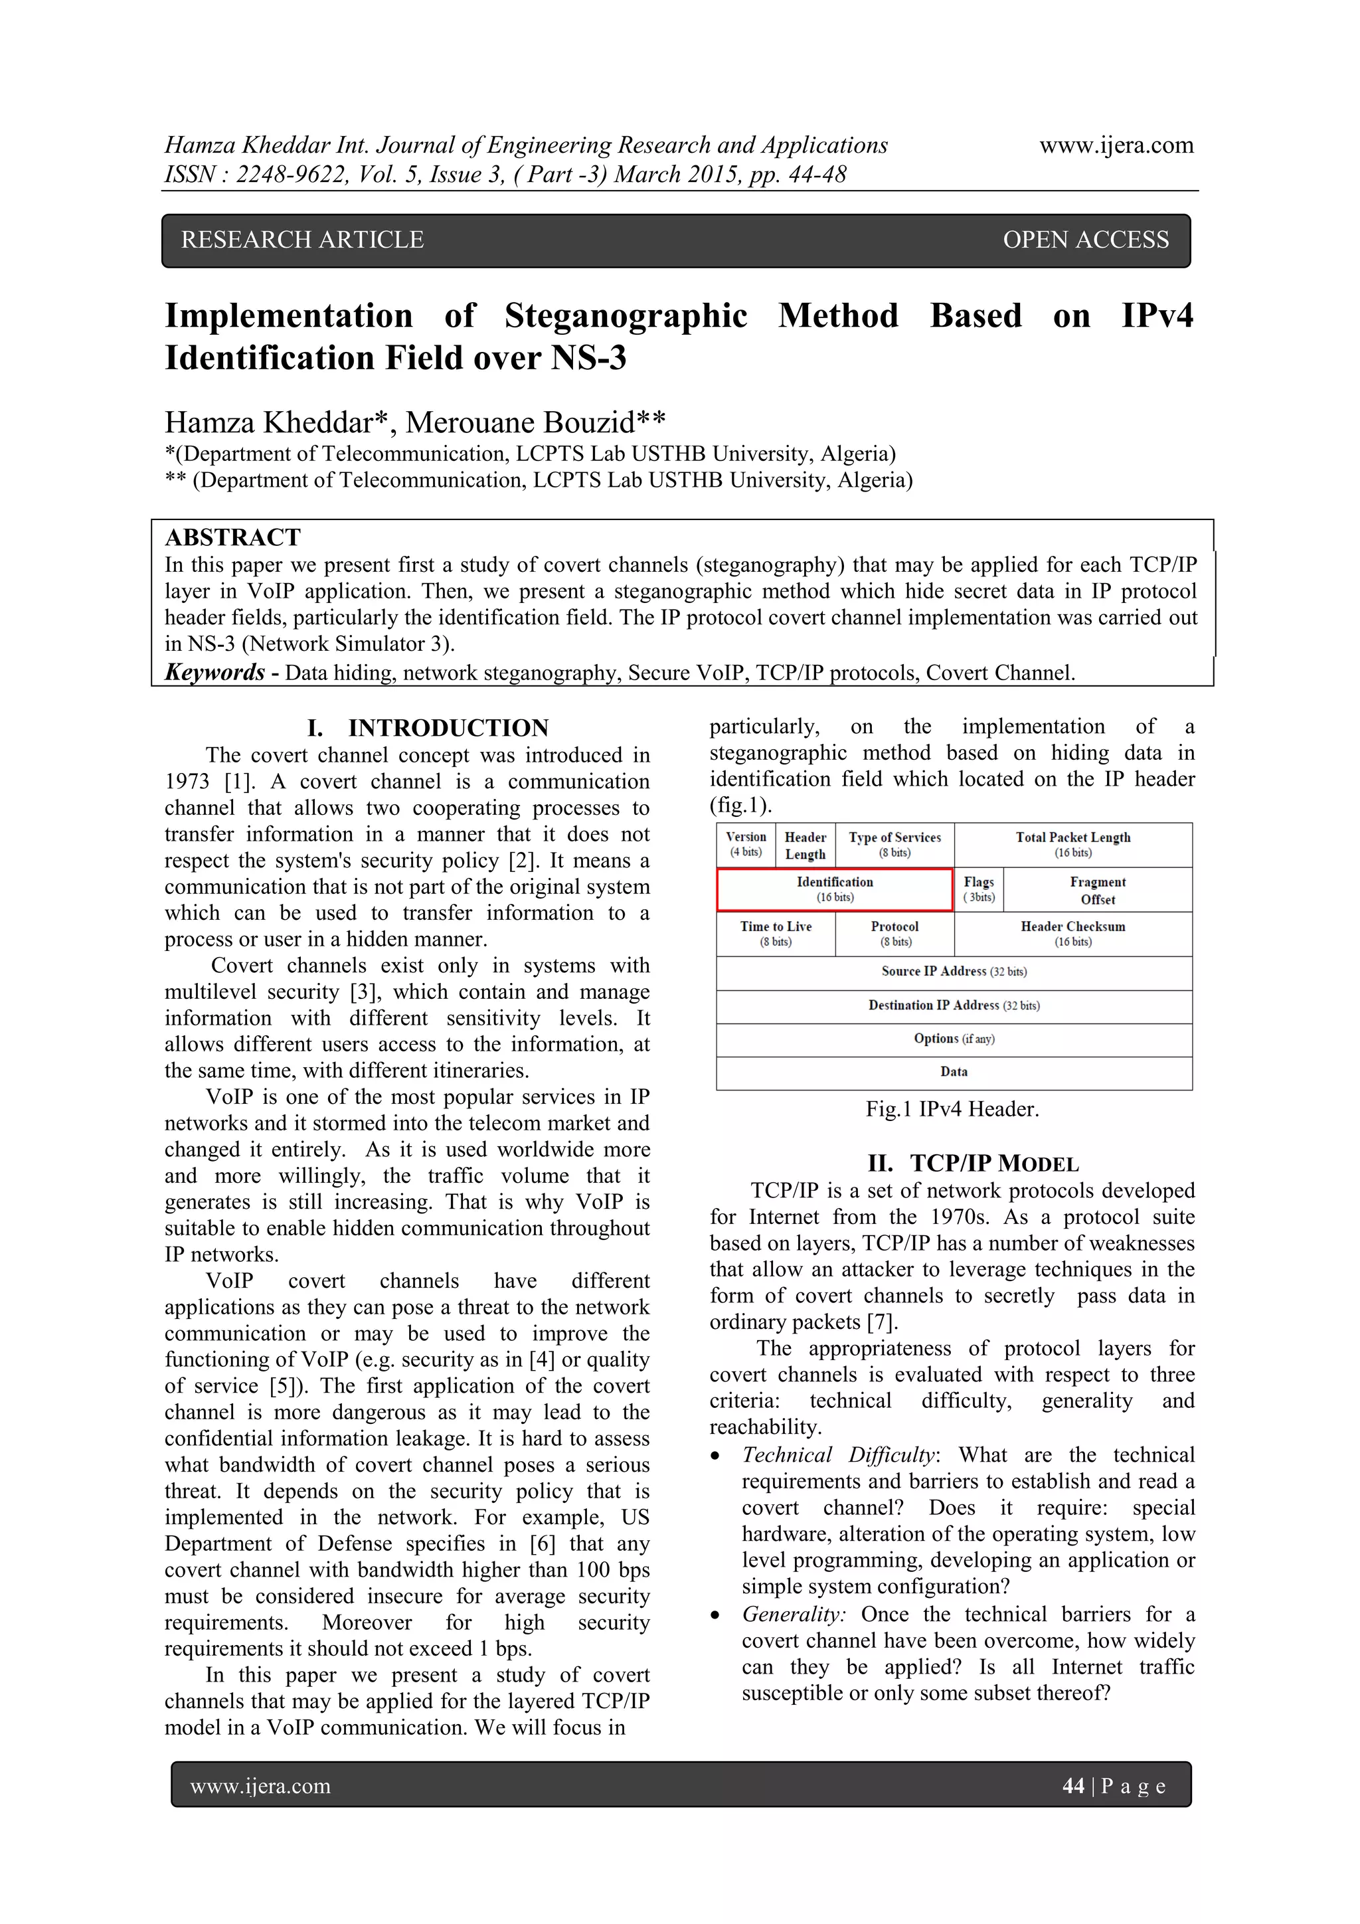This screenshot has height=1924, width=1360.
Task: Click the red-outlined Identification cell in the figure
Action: tap(834, 889)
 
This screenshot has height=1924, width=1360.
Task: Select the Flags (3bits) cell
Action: tap(978, 889)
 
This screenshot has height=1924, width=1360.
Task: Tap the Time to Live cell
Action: tap(775, 934)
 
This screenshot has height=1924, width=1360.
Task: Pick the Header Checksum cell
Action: tap(1072, 934)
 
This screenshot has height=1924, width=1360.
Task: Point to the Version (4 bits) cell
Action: tap(745, 844)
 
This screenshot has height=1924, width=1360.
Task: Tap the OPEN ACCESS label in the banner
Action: tap(1085, 240)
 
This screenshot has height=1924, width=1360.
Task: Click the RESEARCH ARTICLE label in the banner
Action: tap(303, 240)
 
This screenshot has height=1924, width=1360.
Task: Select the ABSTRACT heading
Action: tap(233, 537)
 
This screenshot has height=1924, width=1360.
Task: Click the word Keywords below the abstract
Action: tap(214, 672)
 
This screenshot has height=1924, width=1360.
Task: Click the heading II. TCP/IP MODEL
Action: tap(973, 1163)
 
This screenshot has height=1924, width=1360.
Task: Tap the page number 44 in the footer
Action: tap(1072, 1786)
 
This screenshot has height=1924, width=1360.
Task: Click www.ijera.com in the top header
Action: tap(1116, 145)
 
